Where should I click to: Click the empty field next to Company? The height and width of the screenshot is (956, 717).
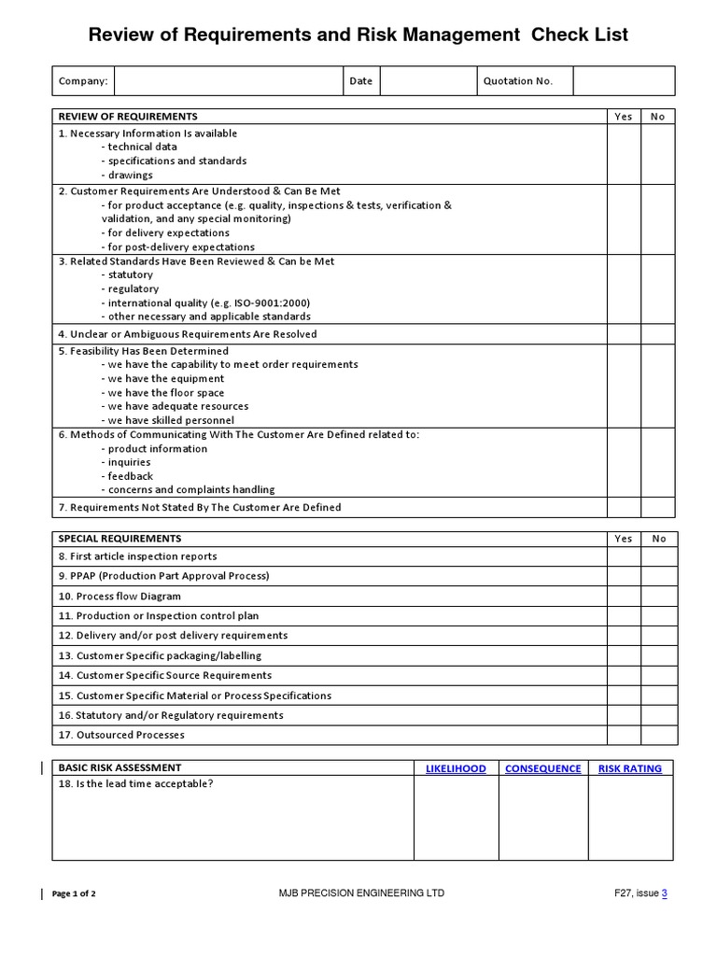pyautogui.click(x=229, y=81)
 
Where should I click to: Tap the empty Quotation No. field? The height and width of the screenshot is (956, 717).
pyautogui.click(x=624, y=81)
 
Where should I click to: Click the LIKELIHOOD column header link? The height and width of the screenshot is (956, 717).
pyautogui.click(x=456, y=768)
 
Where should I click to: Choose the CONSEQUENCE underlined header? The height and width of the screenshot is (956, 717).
pyautogui.click(x=542, y=768)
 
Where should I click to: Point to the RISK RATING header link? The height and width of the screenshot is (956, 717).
pyautogui.click(x=630, y=768)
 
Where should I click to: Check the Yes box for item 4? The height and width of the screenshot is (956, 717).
pyautogui.click(x=624, y=334)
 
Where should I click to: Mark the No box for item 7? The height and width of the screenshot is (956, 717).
pyautogui.click(x=658, y=508)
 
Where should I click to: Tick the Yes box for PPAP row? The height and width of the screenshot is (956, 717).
pyautogui.click(x=624, y=576)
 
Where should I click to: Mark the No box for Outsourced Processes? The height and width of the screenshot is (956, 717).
pyautogui.click(x=658, y=735)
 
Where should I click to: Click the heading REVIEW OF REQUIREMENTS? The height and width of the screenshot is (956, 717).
pyautogui.click(x=128, y=117)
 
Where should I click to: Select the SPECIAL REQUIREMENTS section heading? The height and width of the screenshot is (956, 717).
pyautogui.click(x=120, y=539)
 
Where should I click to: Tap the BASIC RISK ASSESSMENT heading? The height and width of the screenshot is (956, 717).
pyautogui.click(x=120, y=768)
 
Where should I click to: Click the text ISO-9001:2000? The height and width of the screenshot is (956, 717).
pyautogui.click(x=274, y=303)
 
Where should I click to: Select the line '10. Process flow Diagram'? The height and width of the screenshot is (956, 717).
pyautogui.click(x=119, y=597)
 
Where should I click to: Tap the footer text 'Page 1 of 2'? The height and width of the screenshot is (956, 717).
pyautogui.click(x=74, y=893)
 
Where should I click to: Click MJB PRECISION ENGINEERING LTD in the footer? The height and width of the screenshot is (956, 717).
pyautogui.click(x=361, y=893)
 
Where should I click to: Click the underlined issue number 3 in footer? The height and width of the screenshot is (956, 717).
pyautogui.click(x=665, y=893)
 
